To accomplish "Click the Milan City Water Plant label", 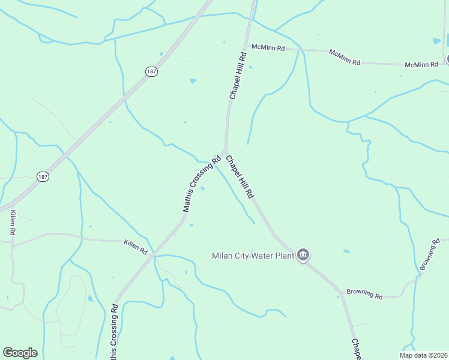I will (253, 256).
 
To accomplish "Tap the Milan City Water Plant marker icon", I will (304, 256).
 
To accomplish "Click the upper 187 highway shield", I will (151, 71).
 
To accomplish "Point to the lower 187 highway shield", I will (42, 177).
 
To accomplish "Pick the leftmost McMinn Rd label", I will (268, 47).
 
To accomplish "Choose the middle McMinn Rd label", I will (345, 57).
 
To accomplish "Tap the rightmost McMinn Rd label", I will (421, 64).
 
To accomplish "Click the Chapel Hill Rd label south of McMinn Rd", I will (238, 76).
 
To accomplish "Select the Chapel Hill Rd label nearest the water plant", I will (240, 177).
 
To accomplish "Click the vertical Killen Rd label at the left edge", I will (12, 222).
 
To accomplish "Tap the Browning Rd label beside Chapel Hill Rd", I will (364, 295).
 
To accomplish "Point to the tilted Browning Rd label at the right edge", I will (430, 254).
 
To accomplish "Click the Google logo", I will (20, 353).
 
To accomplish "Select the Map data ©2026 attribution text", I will (423, 355).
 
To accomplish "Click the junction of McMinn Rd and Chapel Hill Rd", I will (245, 46).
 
